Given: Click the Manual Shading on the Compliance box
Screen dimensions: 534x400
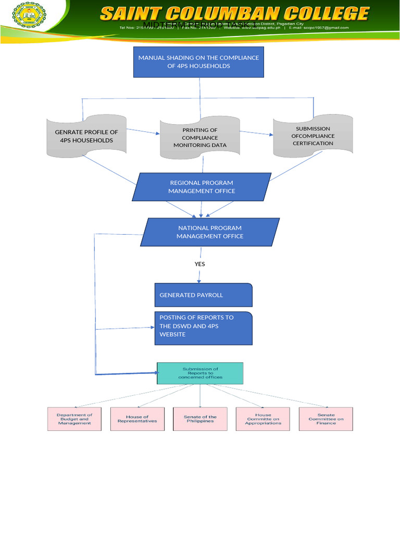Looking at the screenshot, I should point(198,62).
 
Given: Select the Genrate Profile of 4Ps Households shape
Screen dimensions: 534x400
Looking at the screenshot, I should point(86,136).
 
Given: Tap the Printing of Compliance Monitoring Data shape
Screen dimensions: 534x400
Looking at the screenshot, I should point(200,138).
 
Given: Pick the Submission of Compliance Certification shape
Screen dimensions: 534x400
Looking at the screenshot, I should point(312,136).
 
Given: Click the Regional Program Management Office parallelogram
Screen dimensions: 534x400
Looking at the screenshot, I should point(202,187).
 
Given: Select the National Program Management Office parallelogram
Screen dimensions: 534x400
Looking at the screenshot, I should point(210,232).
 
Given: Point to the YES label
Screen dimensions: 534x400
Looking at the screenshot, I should point(199,264).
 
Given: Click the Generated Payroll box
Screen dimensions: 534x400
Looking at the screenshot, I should point(203,295).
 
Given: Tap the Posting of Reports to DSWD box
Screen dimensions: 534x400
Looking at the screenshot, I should point(203,328).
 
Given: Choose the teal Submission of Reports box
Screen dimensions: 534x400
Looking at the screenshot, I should point(200,373).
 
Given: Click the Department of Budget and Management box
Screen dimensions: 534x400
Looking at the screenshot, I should point(74,419).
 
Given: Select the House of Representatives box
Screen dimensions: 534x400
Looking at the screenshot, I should point(137,419).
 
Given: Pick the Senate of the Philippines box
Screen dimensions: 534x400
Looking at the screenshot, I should point(200,419).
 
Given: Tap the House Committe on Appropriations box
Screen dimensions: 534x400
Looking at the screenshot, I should point(263,419).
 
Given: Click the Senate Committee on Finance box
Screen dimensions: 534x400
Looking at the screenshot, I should point(326,419).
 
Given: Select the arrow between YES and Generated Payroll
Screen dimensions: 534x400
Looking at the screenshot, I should point(199,276).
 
